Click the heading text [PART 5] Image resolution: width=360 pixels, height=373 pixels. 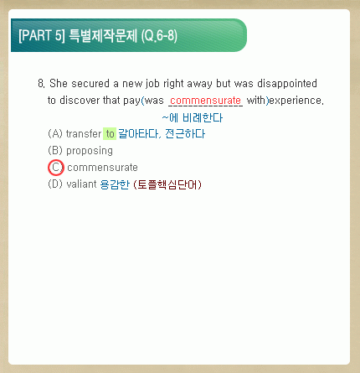[42, 35]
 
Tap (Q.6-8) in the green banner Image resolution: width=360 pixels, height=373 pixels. [159, 36]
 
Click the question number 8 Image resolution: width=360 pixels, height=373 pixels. [41, 83]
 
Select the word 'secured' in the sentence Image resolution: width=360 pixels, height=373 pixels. [90, 83]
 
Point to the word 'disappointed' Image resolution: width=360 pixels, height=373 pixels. [287, 84]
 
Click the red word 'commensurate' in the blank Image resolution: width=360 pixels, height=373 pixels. [205, 100]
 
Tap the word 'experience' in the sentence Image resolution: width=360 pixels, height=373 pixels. [296, 101]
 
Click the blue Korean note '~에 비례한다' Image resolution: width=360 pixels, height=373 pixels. [193, 117]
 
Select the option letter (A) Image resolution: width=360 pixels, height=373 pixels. [55, 133]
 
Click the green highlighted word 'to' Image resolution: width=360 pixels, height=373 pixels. [110, 134]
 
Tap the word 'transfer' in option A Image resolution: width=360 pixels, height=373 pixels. [84, 133]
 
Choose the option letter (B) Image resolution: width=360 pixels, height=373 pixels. [55, 150]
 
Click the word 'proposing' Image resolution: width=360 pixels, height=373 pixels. [90, 151]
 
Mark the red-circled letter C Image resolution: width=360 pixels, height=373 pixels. [56, 168]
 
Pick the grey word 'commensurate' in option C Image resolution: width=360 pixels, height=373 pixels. [102, 168]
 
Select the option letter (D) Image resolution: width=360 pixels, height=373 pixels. [55, 184]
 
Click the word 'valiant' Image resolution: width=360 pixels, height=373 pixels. [81, 184]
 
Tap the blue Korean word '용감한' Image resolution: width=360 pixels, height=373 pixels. [115, 184]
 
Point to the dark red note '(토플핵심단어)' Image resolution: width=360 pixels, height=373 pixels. [167, 184]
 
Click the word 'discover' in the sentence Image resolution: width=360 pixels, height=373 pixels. [80, 100]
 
